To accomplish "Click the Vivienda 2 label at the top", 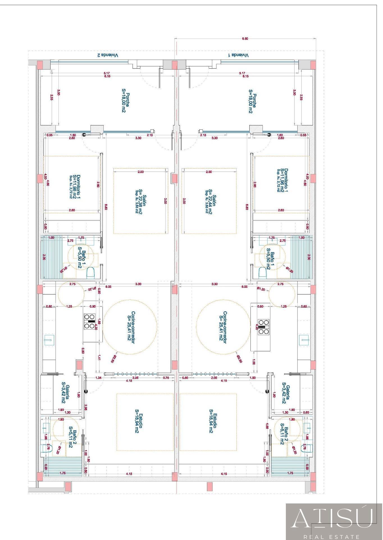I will (x=108, y=55).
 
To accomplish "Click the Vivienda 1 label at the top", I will (x=238, y=55).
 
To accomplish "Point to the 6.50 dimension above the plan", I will (x=245, y=39).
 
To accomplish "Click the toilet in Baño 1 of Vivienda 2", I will (x=90, y=273).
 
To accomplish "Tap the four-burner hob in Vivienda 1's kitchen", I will (x=264, y=327).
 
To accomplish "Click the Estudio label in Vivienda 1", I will (x=213, y=421).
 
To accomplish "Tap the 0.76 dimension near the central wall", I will (x=166, y=378).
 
